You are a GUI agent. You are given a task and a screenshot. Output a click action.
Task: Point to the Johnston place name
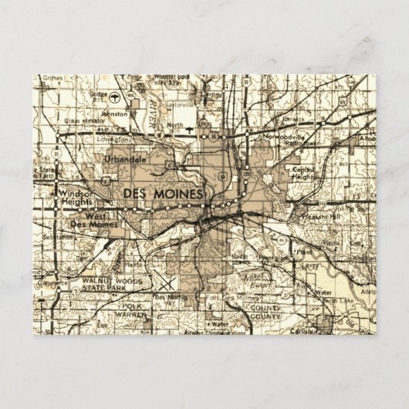pos(114,113)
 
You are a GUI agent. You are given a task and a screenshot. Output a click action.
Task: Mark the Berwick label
pos(293,120)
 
